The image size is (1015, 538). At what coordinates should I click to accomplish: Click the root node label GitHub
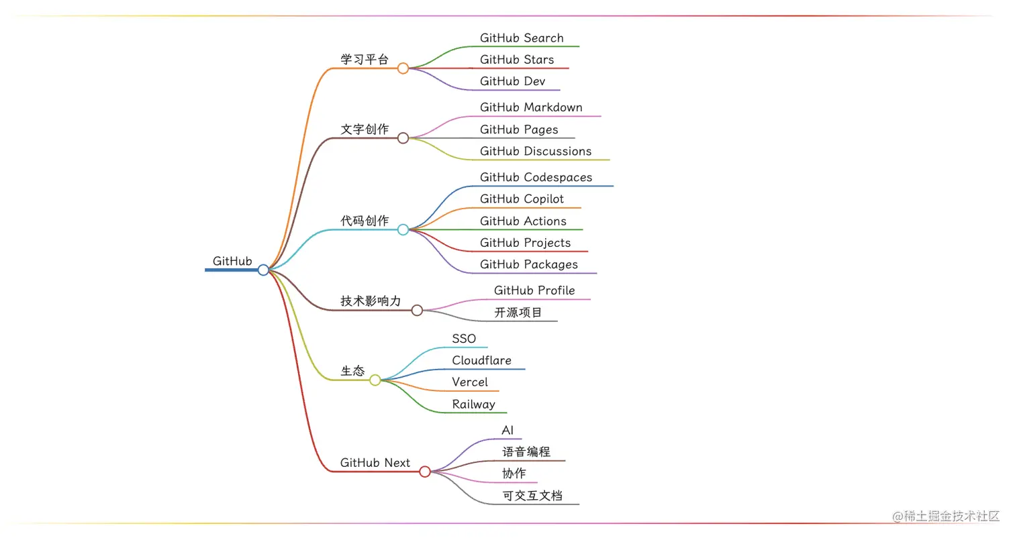click(x=232, y=261)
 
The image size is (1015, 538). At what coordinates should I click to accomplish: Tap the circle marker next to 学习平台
click(x=403, y=68)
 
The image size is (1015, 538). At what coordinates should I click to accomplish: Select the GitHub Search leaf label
click(x=522, y=38)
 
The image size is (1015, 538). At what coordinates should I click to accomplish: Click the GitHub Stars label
click(x=517, y=60)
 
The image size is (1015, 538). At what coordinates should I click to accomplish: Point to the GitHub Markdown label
click(x=531, y=107)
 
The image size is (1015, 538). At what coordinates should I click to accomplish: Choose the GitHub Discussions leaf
click(x=536, y=151)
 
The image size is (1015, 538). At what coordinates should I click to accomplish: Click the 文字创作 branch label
click(x=365, y=129)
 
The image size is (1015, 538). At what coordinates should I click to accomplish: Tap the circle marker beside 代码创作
click(x=403, y=229)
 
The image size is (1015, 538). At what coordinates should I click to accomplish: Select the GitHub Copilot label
click(x=522, y=199)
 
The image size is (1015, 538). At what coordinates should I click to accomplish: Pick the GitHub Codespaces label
click(x=536, y=177)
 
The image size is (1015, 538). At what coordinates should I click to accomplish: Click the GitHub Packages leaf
click(x=528, y=264)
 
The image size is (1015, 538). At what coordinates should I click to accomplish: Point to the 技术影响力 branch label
click(x=371, y=301)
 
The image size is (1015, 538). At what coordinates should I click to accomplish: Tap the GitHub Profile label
click(x=534, y=290)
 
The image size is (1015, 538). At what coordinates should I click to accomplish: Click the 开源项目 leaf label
click(x=518, y=312)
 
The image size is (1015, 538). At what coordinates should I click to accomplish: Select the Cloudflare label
click(x=481, y=360)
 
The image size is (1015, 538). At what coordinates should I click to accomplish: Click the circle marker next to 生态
click(x=375, y=380)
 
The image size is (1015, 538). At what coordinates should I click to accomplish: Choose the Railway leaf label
click(x=473, y=404)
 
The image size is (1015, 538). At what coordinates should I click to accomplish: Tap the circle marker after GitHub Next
click(x=424, y=472)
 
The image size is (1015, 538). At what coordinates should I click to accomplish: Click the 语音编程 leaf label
click(x=526, y=452)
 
